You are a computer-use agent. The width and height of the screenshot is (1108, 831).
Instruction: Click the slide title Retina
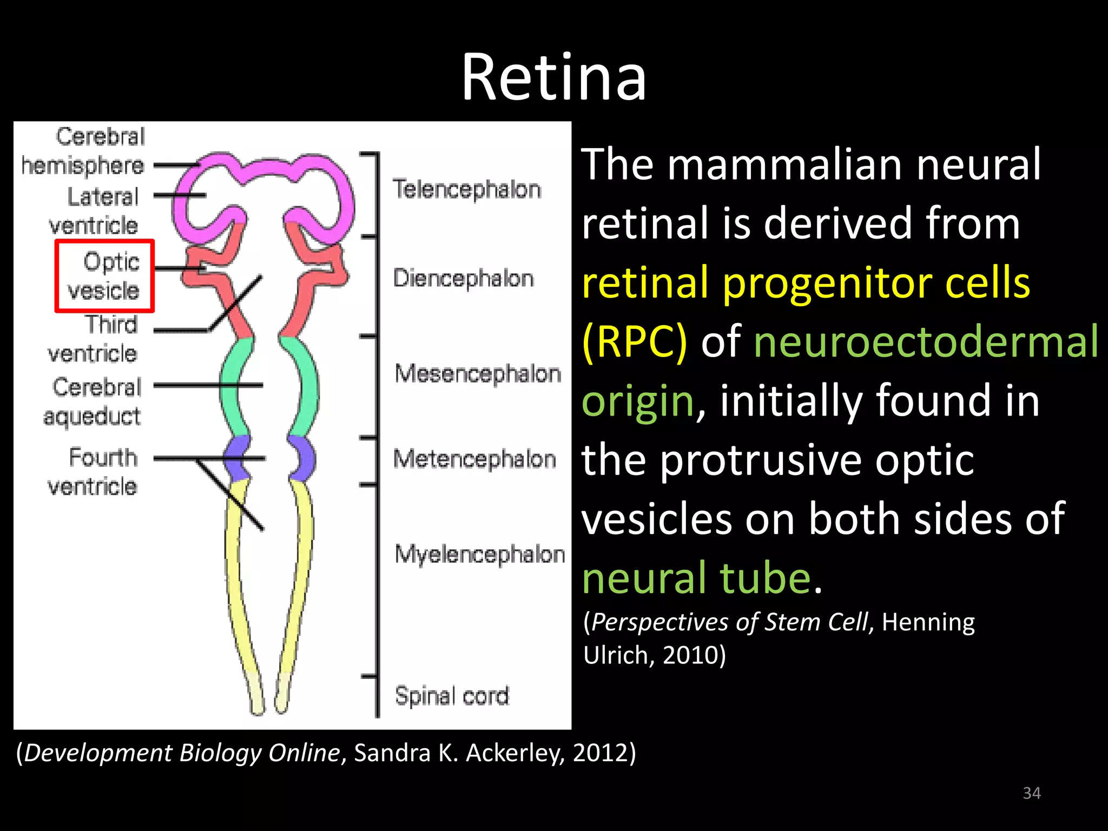point(553,77)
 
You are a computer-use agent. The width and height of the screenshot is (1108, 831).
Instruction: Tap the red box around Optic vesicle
point(104,276)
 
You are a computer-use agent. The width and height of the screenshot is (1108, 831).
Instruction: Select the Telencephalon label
point(466,189)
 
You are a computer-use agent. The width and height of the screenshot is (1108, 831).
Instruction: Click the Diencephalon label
point(463,279)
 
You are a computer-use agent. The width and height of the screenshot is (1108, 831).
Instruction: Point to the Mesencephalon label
point(478,373)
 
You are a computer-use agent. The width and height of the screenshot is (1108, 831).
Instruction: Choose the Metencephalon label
point(474,459)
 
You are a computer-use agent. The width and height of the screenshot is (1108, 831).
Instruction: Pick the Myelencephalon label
point(479,555)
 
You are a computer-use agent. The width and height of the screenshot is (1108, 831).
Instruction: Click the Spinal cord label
point(452,695)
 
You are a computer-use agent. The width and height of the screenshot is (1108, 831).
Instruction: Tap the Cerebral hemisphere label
point(83,151)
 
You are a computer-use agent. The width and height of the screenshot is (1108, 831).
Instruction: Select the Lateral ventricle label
point(95,211)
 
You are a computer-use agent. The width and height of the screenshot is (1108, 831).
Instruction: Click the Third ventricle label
point(93,339)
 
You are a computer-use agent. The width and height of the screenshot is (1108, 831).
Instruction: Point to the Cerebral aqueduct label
point(93,401)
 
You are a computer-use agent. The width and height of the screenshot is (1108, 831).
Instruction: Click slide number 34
point(1032,793)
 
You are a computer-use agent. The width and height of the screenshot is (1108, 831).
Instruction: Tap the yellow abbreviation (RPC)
point(634,342)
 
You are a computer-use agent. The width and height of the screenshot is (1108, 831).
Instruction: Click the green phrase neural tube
point(696,578)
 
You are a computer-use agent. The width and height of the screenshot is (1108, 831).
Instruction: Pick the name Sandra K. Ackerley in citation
point(459,753)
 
